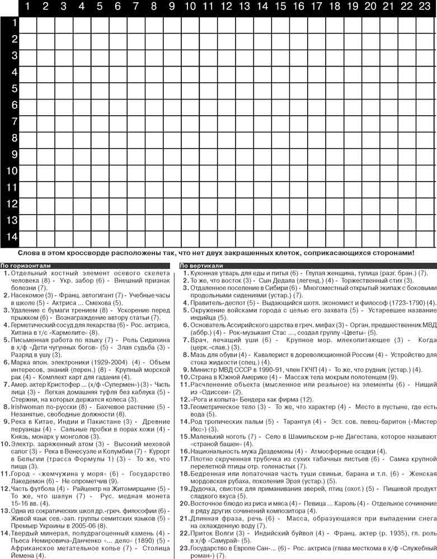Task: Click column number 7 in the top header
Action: (x=136, y=7)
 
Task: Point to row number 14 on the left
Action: (x=12, y=236)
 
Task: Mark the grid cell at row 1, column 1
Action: (x=29, y=23)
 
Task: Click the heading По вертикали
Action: (x=201, y=266)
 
